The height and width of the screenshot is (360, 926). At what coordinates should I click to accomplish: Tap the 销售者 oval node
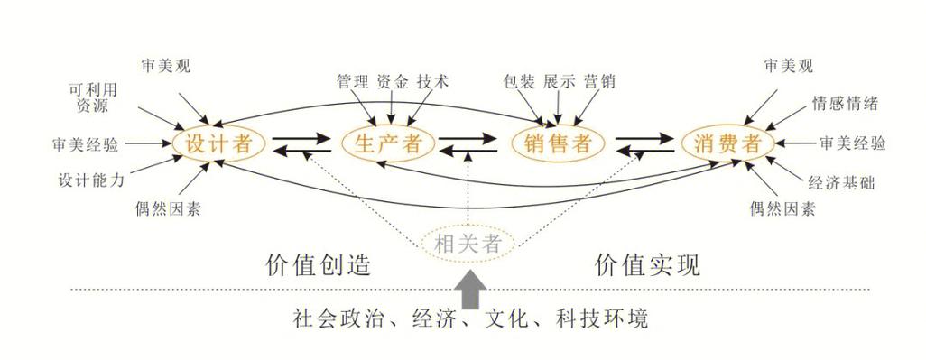[x=557, y=143]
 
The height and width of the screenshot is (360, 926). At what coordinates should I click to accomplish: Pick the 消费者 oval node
[x=727, y=143]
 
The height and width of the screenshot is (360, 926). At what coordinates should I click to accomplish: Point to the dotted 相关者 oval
[x=468, y=243]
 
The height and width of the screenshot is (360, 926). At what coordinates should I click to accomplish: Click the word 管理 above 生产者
[x=350, y=81]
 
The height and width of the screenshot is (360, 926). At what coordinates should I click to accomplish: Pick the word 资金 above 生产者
[x=392, y=81]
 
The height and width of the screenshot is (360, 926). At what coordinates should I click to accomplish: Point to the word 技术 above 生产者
[x=432, y=81]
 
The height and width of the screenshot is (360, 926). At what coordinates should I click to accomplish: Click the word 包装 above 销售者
[x=518, y=81]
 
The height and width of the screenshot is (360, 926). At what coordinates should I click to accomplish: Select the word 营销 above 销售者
[x=599, y=81]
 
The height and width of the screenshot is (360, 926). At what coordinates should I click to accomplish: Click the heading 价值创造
[x=319, y=264]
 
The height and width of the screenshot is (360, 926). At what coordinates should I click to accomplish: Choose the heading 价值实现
[x=647, y=264]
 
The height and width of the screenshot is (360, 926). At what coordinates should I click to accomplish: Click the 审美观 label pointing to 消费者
[x=788, y=66]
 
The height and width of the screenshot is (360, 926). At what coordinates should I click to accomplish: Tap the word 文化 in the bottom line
[x=506, y=318]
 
